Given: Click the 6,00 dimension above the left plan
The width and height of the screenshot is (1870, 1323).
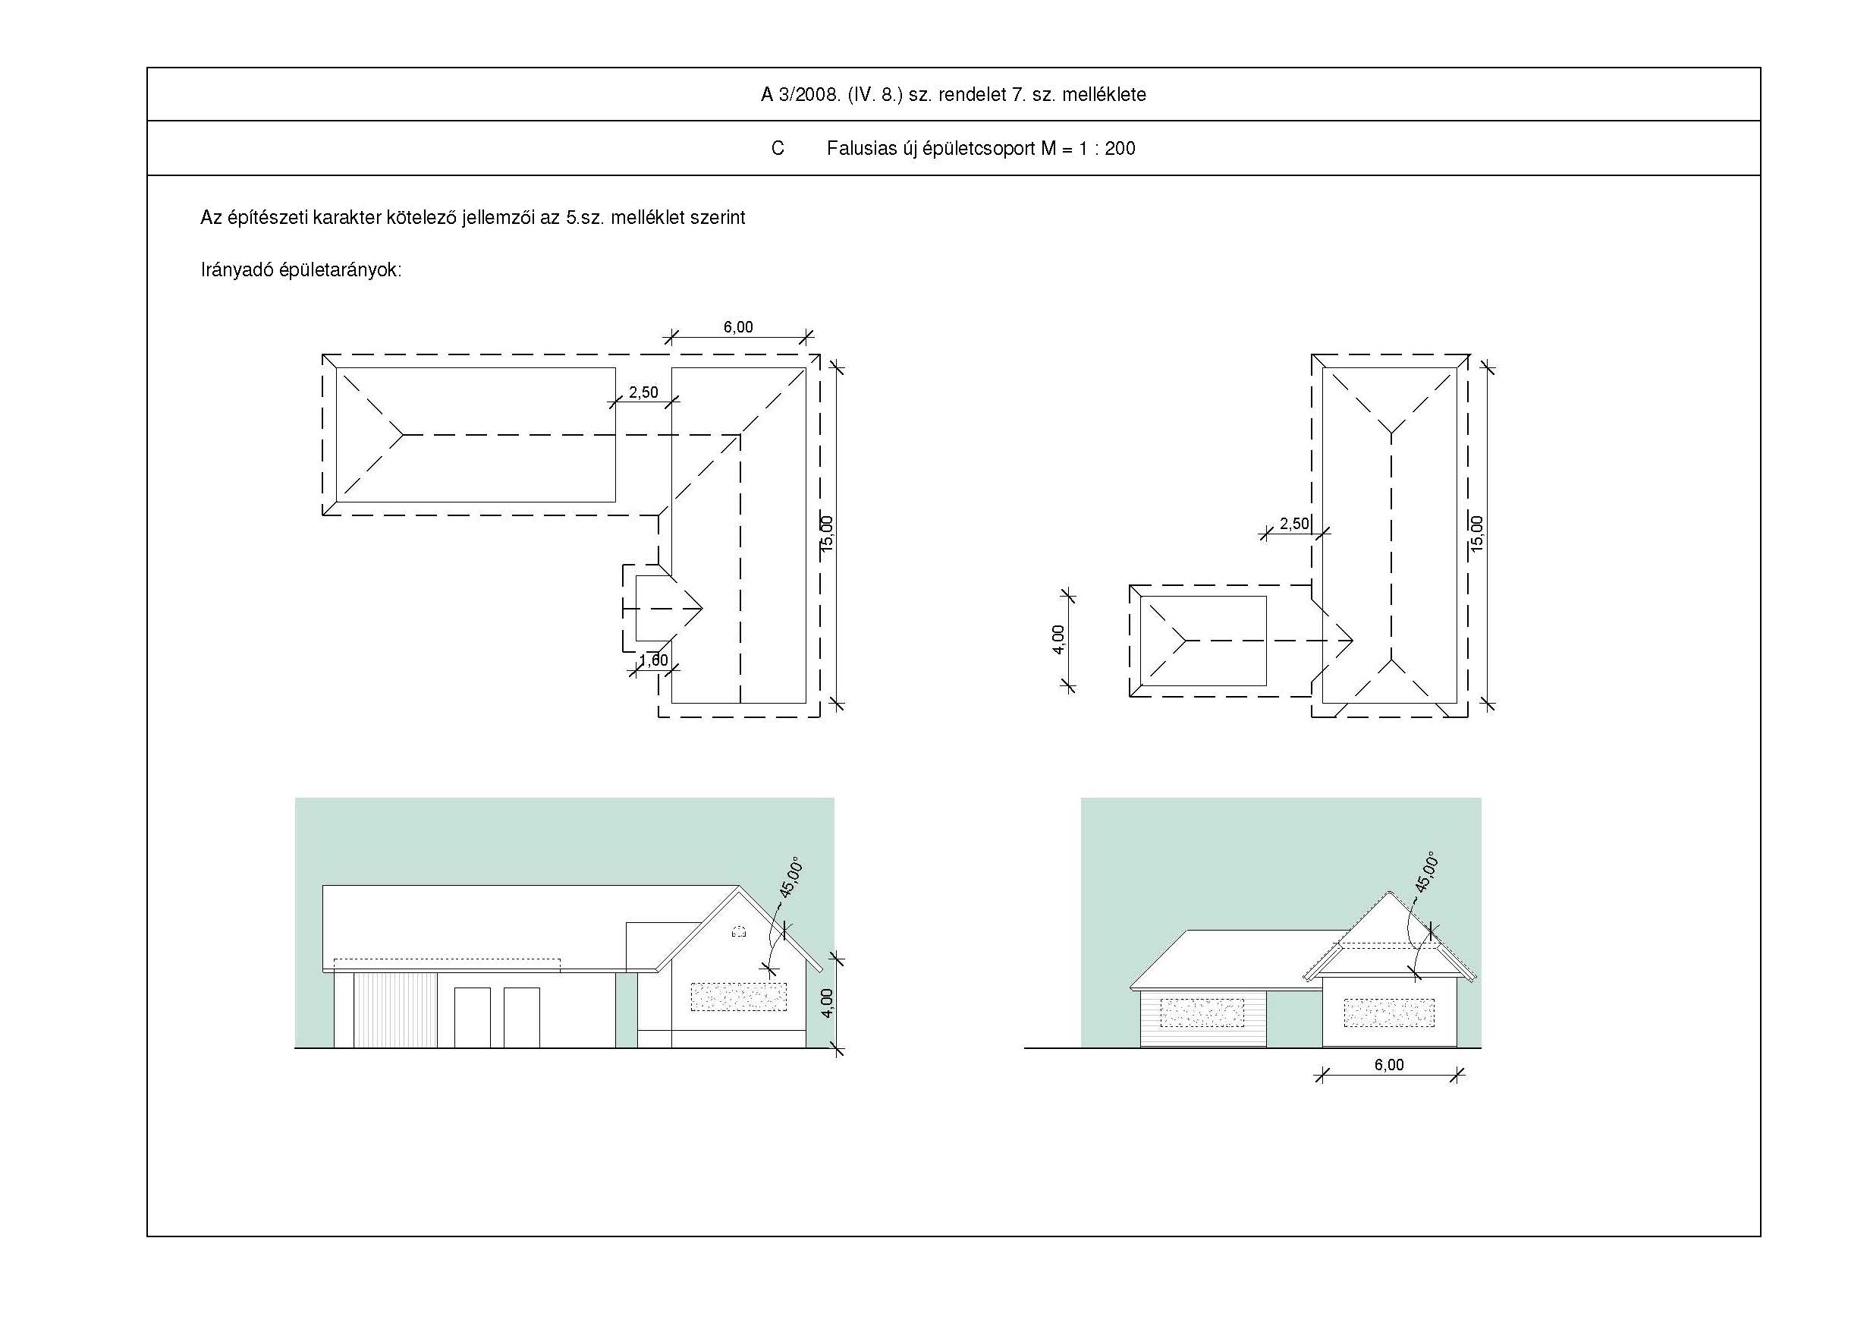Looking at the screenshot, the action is click(738, 326).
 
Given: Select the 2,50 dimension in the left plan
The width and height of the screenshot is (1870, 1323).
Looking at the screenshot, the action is click(643, 392).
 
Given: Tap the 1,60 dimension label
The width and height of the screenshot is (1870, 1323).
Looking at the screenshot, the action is click(653, 660).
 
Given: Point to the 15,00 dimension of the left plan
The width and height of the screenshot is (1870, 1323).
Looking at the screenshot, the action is click(828, 534).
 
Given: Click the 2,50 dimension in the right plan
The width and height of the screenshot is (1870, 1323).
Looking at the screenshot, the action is click(1294, 523).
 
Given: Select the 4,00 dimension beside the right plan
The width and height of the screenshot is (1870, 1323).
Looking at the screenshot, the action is click(1058, 640).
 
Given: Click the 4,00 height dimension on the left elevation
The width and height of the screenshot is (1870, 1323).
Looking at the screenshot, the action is click(828, 1003).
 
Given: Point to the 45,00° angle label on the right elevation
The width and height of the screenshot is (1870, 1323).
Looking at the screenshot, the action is click(1427, 872).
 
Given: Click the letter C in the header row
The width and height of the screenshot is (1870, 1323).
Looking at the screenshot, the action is click(778, 148).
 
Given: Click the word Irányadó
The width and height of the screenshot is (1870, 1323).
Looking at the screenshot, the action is click(236, 270).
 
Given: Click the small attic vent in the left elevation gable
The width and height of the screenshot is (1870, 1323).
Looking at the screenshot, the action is click(739, 931).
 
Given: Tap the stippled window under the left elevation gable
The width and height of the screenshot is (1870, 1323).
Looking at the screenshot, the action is click(739, 997).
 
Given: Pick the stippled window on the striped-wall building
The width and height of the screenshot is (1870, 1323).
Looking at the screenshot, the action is click(1202, 1013).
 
